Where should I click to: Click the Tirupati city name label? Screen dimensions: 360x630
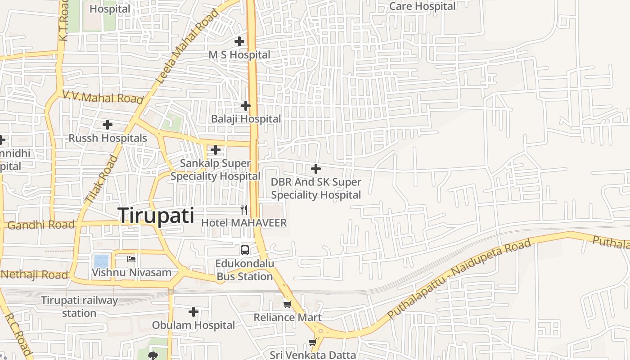click(156, 216)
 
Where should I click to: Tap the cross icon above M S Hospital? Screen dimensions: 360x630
click(239, 41)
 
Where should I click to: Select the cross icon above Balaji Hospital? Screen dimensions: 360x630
click(246, 106)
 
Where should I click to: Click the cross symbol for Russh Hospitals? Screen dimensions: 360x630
click(108, 125)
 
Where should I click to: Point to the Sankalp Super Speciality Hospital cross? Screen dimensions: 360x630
click(216, 149)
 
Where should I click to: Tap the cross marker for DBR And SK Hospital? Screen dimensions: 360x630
click(316, 169)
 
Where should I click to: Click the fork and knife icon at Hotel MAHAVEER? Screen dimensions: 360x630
click(244, 209)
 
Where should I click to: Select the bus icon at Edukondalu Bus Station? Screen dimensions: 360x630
click(245, 250)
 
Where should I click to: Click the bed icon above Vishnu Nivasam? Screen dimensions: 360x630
click(131, 259)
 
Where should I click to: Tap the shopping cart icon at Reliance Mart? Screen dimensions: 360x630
click(288, 304)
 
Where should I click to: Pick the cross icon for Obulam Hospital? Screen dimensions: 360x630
click(193, 311)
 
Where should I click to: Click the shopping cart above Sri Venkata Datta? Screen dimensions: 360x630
click(312, 342)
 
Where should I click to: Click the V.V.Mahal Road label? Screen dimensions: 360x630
click(103, 97)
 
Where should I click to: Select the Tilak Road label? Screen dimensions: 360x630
click(101, 178)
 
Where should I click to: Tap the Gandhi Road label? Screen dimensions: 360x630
click(41, 225)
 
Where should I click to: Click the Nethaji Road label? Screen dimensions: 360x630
click(35, 274)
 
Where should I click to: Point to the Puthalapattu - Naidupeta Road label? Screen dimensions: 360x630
click(459, 279)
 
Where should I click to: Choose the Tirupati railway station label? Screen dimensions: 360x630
click(80, 306)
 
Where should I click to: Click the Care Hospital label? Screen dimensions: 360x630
click(422, 6)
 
